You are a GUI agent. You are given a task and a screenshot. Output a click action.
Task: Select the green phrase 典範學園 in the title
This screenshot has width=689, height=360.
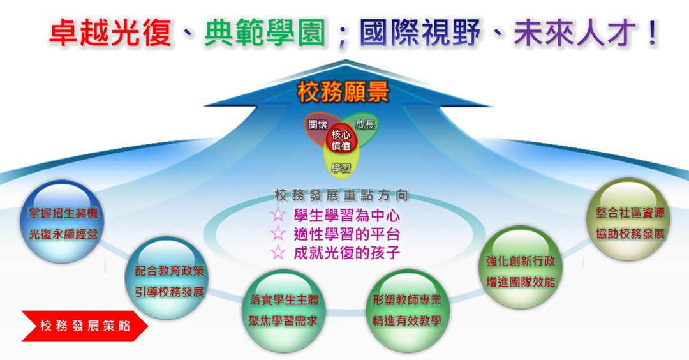pos(265,33)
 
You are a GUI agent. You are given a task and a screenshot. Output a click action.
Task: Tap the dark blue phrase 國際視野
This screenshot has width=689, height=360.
pos(420,33)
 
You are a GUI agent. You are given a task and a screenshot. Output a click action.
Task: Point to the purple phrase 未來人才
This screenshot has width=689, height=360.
pos(575,33)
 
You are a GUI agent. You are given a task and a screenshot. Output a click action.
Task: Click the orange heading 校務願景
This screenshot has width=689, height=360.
pos(343,93)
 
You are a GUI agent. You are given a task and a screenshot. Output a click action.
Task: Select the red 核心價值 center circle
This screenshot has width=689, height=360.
pos(341,140)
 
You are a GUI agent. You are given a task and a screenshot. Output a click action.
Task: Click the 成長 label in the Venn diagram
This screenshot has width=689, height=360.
pos(365,125)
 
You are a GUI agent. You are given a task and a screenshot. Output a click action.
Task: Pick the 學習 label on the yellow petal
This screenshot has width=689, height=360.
pos(341,169)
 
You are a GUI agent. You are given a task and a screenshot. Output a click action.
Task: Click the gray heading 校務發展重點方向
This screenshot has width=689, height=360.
pos(341,195)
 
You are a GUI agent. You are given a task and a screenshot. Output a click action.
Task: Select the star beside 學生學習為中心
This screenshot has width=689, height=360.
pos(278,214)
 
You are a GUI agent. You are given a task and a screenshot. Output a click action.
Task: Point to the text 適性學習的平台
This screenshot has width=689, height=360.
pos(346,234)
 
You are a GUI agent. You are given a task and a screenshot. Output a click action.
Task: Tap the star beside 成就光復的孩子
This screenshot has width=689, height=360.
pos(278,252)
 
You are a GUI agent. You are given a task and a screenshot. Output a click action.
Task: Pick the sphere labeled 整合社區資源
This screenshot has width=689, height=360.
pos(630,220)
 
